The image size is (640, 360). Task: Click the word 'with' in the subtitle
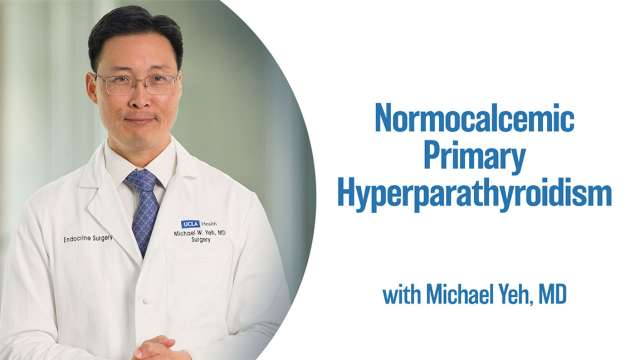[401, 296]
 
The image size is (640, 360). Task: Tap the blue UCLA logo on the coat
[190, 224]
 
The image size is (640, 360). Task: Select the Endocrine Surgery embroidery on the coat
[89, 238]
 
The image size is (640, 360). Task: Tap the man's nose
[139, 102]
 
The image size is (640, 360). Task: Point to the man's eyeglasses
[138, 84]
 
